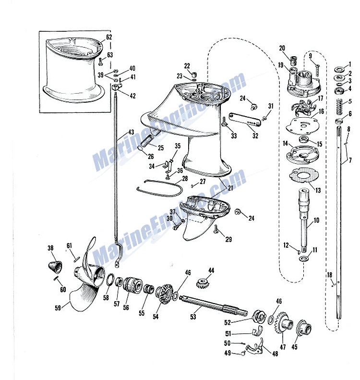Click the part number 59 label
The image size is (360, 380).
click(58, 308)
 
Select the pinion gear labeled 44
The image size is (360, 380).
click(203, 283)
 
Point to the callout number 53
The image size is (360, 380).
click(193, 317)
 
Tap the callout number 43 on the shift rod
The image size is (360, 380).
click(131, 132)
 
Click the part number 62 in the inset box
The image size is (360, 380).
click(109, 37)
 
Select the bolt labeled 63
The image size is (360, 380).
click(101, 61)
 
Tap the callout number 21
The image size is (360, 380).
click(230, 188)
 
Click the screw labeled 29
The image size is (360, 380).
click(216, 229)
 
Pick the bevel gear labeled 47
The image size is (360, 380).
click(284, 322)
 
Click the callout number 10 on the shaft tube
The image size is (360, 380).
click(316, 221)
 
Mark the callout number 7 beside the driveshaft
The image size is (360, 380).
click(350, 160)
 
